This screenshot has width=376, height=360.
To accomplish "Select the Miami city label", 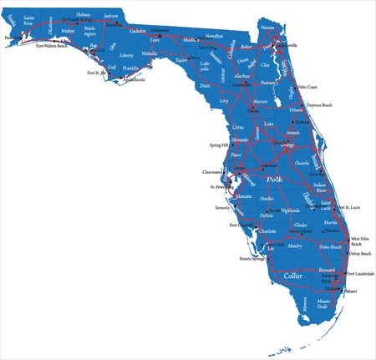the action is (351, 292).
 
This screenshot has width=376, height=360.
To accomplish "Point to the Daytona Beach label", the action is (332, 105).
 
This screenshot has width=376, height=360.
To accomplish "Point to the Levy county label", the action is (224, 100).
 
